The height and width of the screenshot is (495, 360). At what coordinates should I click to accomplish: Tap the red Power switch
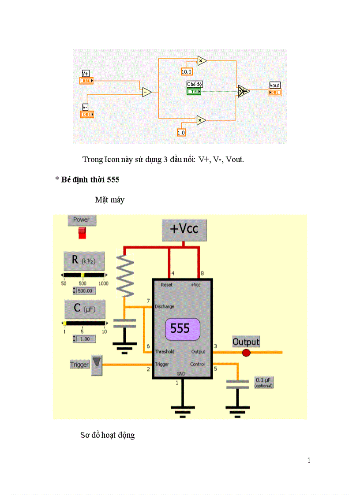tap(82, 233)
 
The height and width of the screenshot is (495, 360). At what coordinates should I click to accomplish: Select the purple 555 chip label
tap(182, 329)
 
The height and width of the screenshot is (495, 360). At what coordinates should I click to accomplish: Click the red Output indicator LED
tap(246, 353)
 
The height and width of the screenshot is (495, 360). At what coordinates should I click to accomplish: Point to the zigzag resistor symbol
tap(126, 276)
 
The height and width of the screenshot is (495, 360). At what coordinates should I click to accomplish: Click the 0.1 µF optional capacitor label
tap(264, 382)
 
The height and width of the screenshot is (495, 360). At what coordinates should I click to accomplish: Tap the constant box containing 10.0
tap(187, 71)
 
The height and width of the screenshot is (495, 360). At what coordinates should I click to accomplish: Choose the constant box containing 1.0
tap(181, 132)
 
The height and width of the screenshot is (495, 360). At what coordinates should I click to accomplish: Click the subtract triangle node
tap(146, 92)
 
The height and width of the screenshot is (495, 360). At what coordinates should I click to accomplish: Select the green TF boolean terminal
tap(194, 91)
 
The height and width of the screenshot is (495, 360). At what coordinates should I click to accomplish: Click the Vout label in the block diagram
tap(274, 85)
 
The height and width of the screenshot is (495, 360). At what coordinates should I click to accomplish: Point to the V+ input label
tap(86, 74)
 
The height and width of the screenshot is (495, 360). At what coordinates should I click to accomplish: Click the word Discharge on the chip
tap(164, 306)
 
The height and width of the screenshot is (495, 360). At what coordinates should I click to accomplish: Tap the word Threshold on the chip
tap(164, 352)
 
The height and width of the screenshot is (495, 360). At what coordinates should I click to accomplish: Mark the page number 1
tap(309, 461)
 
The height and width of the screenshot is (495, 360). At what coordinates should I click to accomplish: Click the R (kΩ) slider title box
tap(84, 261)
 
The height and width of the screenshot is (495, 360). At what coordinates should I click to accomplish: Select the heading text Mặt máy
tap(110, 200)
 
